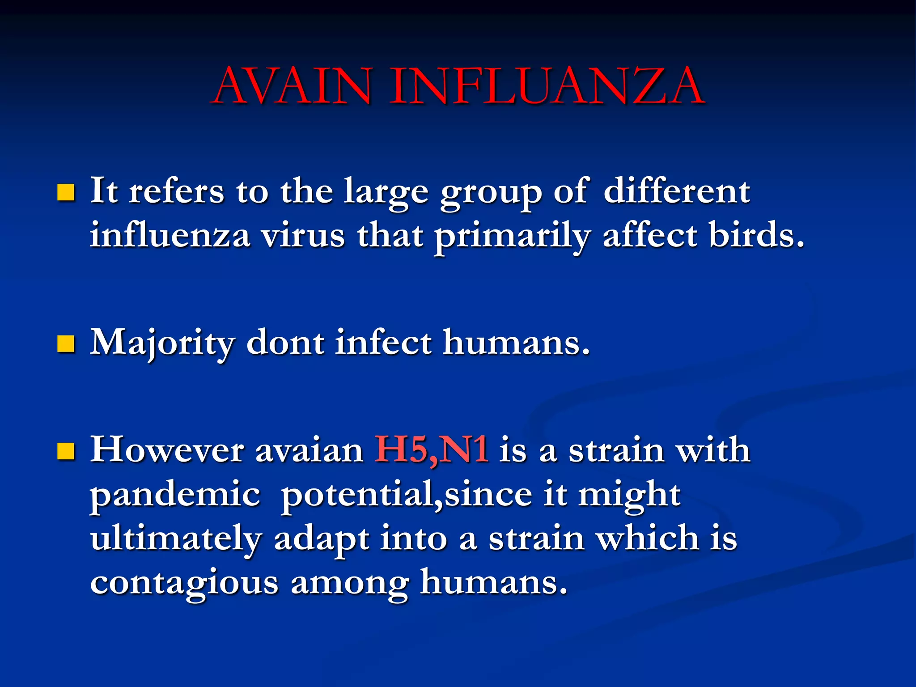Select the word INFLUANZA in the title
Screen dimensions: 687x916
[x=547, y=86]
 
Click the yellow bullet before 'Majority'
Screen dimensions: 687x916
[x=66, y=344]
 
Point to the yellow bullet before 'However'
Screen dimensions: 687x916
[x=66, y=451]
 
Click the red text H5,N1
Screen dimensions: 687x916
[x=431, y=450]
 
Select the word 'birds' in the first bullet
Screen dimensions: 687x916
[x=756, y=235]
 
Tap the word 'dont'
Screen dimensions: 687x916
[x=285, y=343]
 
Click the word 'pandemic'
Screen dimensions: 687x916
[x=175, y=496]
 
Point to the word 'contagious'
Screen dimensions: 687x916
[x=184, y=583]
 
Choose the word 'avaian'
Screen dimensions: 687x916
[x=309, y=451]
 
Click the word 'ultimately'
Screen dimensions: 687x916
[x=176, y=539]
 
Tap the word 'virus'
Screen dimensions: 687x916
[x=303, y=235]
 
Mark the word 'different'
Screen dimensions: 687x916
[x=677, y=191]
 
